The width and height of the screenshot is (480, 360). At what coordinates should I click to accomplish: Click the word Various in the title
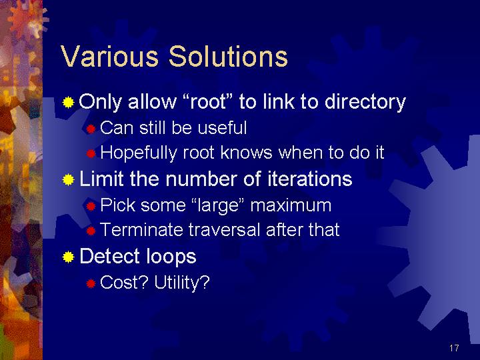tap(109, 56)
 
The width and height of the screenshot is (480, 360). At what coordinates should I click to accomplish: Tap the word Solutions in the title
tap(229, 56)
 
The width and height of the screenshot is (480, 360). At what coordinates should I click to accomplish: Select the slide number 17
tap(454, 348)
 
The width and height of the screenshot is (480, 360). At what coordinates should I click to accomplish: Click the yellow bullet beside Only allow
tap(68, 102)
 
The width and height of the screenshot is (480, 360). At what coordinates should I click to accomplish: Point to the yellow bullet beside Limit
tap(68, 180)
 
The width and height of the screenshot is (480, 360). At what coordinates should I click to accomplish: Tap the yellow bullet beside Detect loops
tap(68, 257)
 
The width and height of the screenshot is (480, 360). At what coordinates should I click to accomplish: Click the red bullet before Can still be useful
tap(91, 129)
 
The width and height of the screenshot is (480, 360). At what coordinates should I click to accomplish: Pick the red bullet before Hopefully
tap(91, 153)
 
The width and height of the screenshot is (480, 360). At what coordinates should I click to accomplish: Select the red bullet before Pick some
tap(91, 206)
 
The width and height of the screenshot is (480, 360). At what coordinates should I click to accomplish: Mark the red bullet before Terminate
tap(91, 231)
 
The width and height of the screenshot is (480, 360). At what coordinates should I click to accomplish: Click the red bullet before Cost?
tap(91, 283)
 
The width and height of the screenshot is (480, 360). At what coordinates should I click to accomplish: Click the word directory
tap(365, 103)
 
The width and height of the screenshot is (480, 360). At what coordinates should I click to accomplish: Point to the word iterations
tap(310, 179)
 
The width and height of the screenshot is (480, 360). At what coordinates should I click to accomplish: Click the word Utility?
tap(182, 283)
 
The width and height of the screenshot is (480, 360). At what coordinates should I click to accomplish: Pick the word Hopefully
tap(139, 153)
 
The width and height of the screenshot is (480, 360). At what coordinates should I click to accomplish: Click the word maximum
tap(291, 205)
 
